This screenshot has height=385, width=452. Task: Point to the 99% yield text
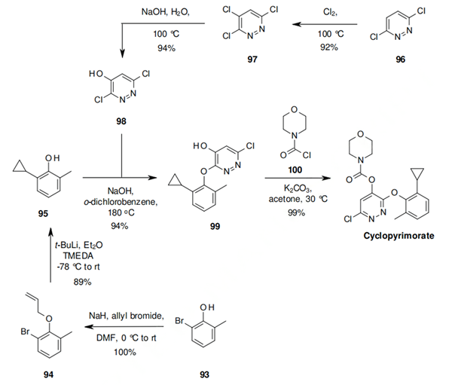tap(296, 214)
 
